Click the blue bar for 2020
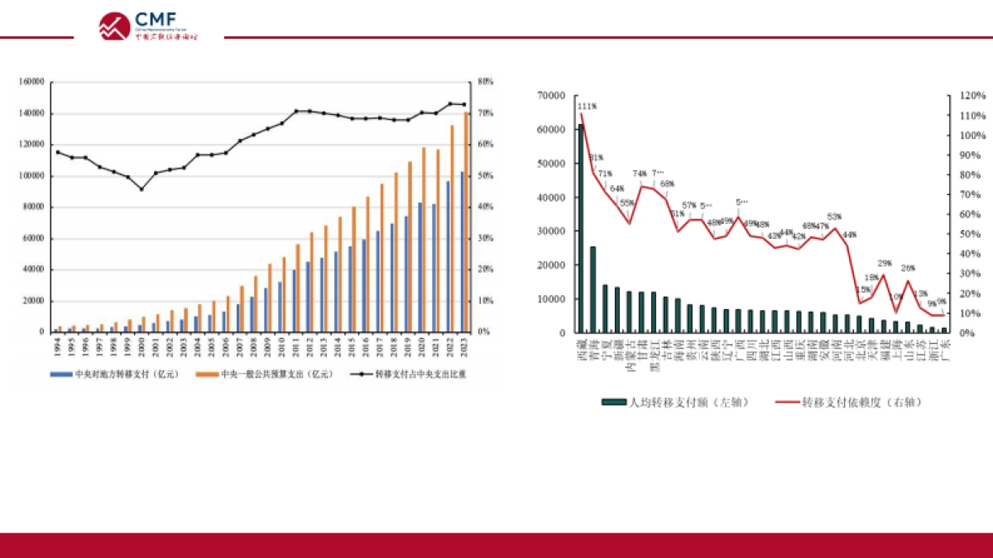420,267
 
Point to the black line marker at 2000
141,189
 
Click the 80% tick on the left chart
485,82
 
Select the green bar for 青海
592,289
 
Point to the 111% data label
587,106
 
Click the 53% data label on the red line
834,217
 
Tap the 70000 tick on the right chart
551,96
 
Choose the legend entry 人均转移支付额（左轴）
677,403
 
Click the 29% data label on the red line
885,263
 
